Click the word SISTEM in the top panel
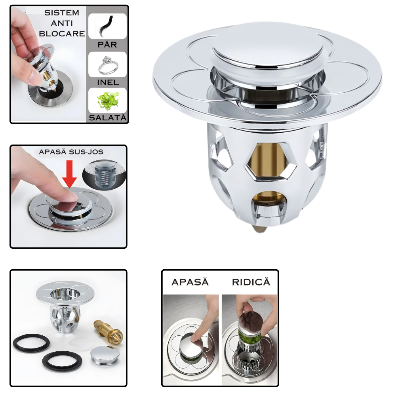pyautogui.click(x=62, y=13)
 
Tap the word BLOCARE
pyautogui.click(x=62, y=34)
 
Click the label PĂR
pyautogui.click(x=107, y=45)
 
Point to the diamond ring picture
pyautogui.click(x=107, y=65)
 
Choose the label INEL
pyautogui.click(x=108, y=82)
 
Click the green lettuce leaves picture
pyautogui.click(x=107, y=101)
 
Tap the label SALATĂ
pyautogui.click(x=108, y=118)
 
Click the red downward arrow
pyautogui.click(x=69, y=174)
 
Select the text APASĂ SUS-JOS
pyautogui.click(x=71, y=152)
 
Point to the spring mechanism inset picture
pyautogui.click(x=104, y=175)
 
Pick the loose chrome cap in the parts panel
pyautogui.click(x=105, y=355)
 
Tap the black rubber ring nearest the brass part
pyautogui.click(x=62, y=361)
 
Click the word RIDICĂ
pyautogui.click(x=251, y=282)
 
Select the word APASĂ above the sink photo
pyautogui.click(x=190, y=282)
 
